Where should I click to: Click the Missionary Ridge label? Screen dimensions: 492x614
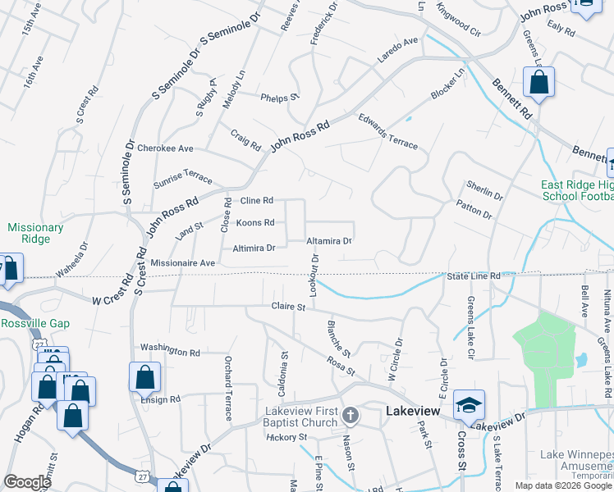point(35,233)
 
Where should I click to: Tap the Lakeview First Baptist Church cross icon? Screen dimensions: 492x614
point(351,415)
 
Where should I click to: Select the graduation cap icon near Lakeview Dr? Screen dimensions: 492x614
point(469,404)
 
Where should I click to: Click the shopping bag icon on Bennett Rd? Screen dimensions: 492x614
point(538,82)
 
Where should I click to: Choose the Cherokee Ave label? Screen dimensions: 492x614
point(165,148)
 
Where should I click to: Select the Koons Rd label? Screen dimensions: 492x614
point(255,223)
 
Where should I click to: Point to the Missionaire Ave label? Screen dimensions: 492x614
point(182,262)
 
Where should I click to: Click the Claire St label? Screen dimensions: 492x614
point(288,307)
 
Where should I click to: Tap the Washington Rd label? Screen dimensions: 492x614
point(170,350)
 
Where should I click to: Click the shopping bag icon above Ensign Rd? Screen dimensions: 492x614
point(144,378)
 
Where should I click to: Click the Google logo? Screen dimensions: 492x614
point(27,482)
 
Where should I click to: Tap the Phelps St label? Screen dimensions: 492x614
point(279,98)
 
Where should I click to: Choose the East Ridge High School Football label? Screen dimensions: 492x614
point(576,190)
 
